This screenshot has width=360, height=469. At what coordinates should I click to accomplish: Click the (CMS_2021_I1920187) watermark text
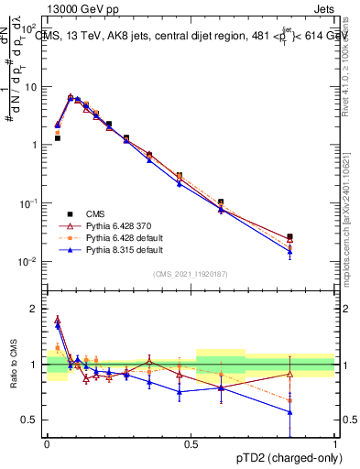(x=191, y=273)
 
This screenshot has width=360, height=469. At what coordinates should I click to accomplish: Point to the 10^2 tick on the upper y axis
(x=32, y=28)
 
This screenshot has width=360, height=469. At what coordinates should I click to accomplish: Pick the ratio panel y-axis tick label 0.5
(x=33, y=420)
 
